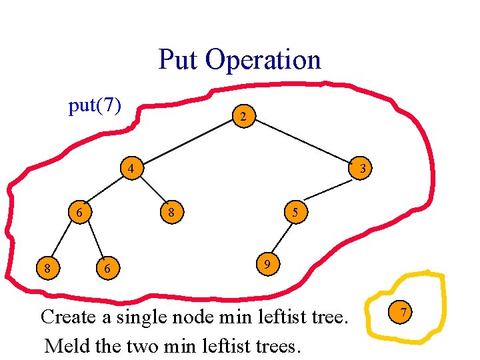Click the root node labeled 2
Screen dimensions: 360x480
click(243, 117)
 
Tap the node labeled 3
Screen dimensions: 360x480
click(361, 169)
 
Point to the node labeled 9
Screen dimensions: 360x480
click(266, 265)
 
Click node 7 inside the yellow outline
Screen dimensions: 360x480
click(402, 312)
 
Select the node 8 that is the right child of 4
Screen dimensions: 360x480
click(171, 214)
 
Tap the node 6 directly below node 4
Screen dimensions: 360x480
click(79, 213)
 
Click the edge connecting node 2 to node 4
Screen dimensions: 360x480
click(188, 143)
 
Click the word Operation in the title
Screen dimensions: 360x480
click(263, 60)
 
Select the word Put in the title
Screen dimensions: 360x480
click(178, 60)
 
